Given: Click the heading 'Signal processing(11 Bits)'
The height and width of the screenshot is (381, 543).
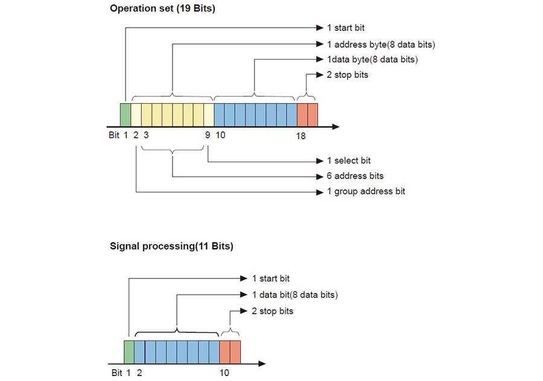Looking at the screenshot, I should [x=171, y=246].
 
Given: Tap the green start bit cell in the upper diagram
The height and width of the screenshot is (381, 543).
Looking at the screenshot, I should [x=125, y=114].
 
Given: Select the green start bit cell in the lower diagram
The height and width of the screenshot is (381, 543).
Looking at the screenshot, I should [x=129, y=351].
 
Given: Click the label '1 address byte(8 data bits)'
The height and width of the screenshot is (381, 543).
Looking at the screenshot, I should [x=381, y=44].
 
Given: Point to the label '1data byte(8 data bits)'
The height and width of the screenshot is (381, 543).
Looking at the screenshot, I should [x=372, y=59].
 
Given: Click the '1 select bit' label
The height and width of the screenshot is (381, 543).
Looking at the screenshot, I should [x=349, y=161].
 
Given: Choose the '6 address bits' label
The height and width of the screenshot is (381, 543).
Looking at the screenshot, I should [x=355, y=176].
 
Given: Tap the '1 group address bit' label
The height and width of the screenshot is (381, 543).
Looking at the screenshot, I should [x=366, y=191].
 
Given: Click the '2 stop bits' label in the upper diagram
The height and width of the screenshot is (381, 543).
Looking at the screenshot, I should [x=348, y=75].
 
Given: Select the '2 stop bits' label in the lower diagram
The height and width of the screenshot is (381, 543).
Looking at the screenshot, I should [x=273, y=311].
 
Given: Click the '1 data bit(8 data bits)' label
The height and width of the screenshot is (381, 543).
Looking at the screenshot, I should [x=294, y=295].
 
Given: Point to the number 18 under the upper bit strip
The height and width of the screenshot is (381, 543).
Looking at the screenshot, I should [x=300, y=136].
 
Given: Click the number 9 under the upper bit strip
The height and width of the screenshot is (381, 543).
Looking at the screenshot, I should [x=208, y=136].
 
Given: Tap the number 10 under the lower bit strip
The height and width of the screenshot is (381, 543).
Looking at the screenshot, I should [x=224, y=373].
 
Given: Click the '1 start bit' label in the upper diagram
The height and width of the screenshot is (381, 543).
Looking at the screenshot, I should [x=346, y=28].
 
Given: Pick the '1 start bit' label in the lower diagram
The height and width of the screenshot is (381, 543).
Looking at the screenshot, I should [x=271, y=279].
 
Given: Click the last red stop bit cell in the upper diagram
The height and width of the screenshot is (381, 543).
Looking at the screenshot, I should [x=313, y=114].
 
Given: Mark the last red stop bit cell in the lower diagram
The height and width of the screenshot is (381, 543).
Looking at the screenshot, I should [x=236, y=351].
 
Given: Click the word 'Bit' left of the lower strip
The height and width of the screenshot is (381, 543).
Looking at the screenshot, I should [x=117, y=373].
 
